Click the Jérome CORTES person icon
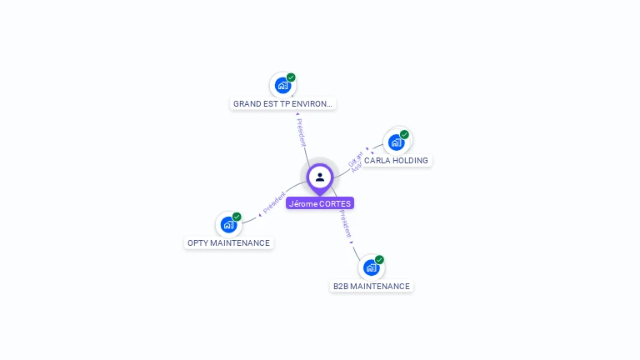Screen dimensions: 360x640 click(320, 177)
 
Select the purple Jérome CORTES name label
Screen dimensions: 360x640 click(320, 203)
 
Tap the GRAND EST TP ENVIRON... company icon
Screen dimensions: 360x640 click(282, 85)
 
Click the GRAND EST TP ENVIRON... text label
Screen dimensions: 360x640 click(283, 104)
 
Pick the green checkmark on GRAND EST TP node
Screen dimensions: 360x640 click(291, 77)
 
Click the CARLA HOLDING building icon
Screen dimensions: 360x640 click(397, 142)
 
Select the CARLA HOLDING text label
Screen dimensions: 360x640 click(396, 160)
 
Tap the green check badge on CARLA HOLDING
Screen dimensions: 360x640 click(404, 134)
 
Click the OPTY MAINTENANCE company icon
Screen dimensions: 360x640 click(228, 224)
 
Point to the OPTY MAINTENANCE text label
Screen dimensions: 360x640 click(228, 243)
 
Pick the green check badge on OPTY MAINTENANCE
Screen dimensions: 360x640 click(237, 217)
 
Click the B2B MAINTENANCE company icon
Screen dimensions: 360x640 click(371, 267)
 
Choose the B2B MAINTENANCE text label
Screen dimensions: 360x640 click(372, 287)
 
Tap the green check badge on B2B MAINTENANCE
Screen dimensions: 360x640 click(379, 260)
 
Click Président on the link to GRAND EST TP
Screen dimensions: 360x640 click(301, 132)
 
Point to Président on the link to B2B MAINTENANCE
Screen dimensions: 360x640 click(346, 224)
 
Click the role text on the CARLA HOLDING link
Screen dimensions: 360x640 click(356, 162)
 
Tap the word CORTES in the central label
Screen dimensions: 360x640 click(336, 203)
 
